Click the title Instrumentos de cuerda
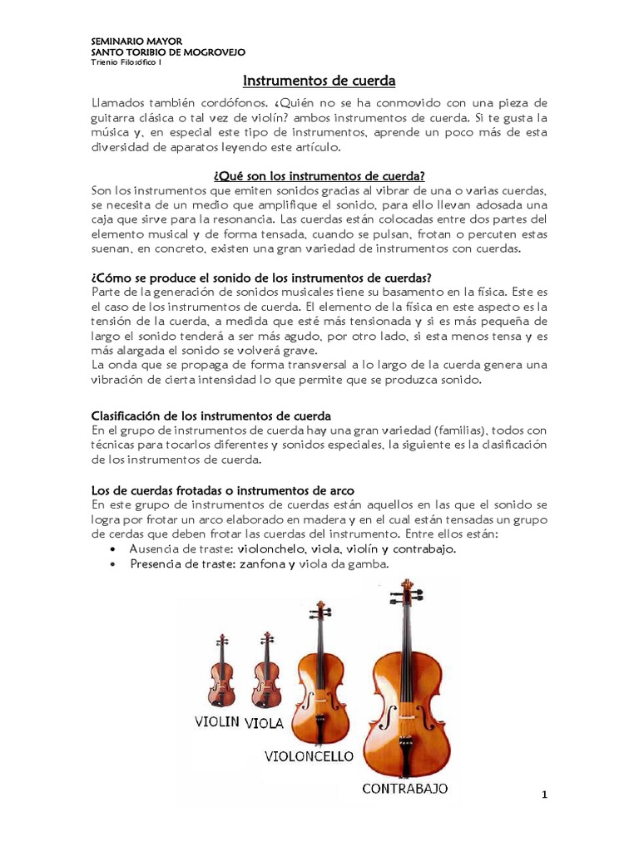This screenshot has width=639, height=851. coord(319,81)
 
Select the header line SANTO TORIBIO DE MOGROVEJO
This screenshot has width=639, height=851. coord(167,52)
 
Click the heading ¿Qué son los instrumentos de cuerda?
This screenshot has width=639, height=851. coord(319,175)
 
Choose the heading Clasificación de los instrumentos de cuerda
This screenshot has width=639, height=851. coord(210,414)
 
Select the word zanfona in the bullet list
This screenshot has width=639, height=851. coord(265,564)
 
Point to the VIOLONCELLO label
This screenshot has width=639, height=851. coord(310,756)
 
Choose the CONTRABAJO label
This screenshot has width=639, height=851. coord(405,788)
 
